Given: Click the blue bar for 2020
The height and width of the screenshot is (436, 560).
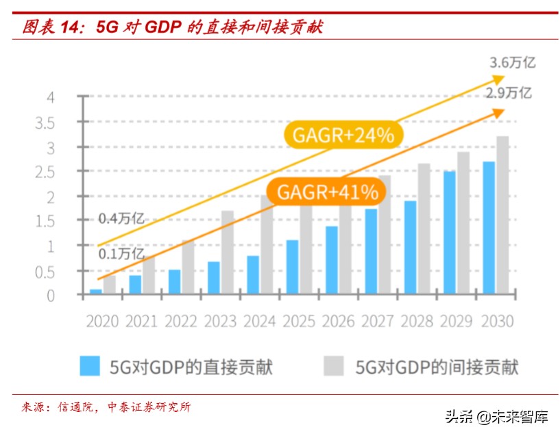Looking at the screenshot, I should (x=96, y=292).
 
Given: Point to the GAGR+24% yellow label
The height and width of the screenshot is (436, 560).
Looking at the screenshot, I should (x=343, y=136).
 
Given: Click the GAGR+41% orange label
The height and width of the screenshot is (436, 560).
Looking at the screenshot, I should (x=328, y=192).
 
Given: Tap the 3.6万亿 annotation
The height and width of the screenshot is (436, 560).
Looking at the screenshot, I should (x=512, y=63).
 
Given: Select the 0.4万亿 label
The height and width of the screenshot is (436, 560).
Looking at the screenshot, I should (x=121, y=219).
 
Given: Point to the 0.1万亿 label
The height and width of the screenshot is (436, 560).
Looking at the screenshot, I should (x=121, y=253).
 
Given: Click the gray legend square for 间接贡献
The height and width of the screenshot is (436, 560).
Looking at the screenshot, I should (x=333, y=366).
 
